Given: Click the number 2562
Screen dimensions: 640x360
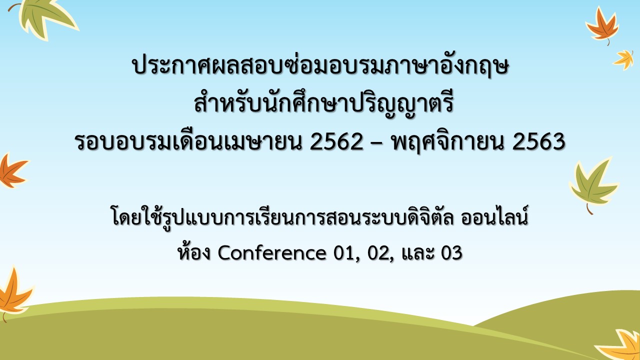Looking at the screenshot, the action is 336,141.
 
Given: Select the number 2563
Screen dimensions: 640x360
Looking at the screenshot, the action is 538,141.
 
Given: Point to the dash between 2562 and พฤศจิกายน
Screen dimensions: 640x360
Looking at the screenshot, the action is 377,144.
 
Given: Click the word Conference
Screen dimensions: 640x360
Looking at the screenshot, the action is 271,252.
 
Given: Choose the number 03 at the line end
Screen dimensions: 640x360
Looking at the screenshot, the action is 451,253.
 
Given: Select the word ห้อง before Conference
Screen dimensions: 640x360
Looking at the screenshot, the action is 194,251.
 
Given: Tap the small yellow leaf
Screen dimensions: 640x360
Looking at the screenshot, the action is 623,59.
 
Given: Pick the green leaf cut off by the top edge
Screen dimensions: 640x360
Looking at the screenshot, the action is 45,17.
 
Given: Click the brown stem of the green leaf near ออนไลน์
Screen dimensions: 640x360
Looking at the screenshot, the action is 589,209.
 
